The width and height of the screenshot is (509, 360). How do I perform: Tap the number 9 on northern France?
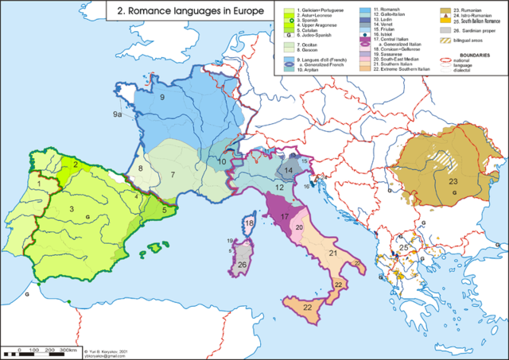[x=161, y=97]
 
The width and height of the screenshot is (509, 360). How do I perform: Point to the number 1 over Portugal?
[x=36, y=184]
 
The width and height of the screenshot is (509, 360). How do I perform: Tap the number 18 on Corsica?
[x=249, y=225]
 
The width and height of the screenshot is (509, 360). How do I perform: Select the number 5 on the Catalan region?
[x=164, y=210]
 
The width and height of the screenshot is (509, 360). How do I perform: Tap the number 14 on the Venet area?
[x=288, y=171]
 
